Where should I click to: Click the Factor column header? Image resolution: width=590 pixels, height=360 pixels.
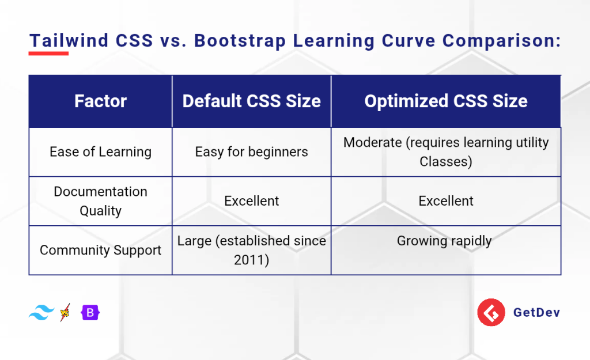click(x=100, y=101)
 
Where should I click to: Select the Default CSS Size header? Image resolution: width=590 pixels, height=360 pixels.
click(x=251, y=101)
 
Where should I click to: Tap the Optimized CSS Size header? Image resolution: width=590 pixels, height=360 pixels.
click(x=446, y=101)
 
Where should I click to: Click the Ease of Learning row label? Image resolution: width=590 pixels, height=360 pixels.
click(x=100, y=151)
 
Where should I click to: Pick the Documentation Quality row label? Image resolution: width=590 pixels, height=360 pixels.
click(x=100, y=201)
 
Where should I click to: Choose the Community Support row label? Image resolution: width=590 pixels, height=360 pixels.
click(x=100, y=250)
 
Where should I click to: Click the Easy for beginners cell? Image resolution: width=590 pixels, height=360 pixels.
click(x=251, y=151)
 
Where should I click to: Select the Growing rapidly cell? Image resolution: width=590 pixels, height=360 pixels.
click(x=444, y=241)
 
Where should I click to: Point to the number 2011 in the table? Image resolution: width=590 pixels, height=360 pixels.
click(x=249, y=260)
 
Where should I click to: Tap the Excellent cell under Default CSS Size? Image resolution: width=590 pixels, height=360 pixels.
click(x=251, y=201)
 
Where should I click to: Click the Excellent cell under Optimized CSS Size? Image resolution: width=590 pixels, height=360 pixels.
click(x=446, y=201)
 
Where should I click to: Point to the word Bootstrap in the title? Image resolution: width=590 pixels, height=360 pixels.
click(x=240, y=41)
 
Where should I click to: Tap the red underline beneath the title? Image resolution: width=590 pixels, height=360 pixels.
click(x=48, y=54)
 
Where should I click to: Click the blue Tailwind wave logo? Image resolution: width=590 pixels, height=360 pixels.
click(x=41, y=313)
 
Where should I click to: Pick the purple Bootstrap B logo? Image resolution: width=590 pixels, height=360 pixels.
click(x=90, y=313)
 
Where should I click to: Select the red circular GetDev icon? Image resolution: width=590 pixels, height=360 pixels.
click(x=491, y=312)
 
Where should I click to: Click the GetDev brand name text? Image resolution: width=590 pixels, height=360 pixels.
click(x=536, y=312)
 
